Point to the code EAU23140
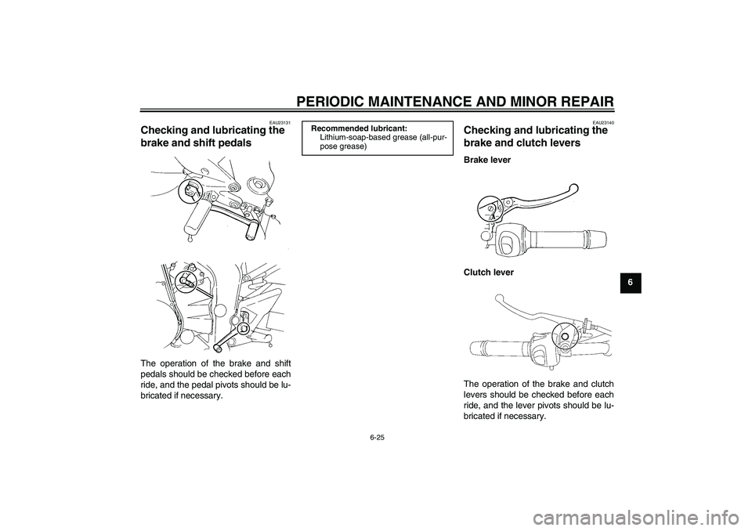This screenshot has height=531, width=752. click(602, 122)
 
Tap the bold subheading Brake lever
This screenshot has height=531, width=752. click(487, 159)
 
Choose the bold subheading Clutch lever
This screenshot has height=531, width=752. click(490, 272)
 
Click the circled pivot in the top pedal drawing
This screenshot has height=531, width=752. click(190, 192)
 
